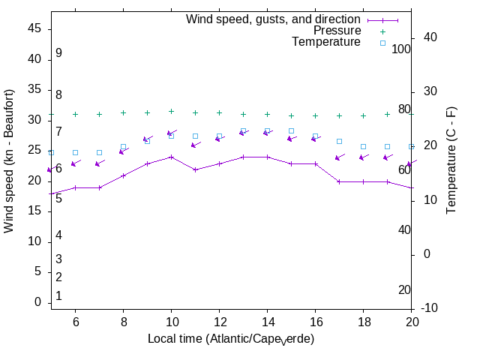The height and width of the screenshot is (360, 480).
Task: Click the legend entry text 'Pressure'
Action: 337,31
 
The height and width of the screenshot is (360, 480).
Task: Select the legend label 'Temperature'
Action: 326,42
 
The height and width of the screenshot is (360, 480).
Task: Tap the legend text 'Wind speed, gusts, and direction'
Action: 274,19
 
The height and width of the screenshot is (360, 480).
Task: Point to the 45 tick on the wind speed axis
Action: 35,28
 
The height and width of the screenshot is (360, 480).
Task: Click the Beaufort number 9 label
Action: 58,53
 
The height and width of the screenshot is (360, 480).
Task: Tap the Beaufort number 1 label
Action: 58,296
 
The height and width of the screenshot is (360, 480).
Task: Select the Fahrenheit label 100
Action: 401,49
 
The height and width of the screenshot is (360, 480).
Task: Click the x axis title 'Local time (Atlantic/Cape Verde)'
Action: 231,339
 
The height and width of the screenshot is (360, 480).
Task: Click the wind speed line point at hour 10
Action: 171,157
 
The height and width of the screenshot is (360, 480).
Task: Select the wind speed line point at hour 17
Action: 339,181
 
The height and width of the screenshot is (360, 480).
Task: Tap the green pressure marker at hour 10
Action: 171,111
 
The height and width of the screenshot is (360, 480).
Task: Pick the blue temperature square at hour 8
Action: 123,147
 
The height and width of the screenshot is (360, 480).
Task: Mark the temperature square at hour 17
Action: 339,141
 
